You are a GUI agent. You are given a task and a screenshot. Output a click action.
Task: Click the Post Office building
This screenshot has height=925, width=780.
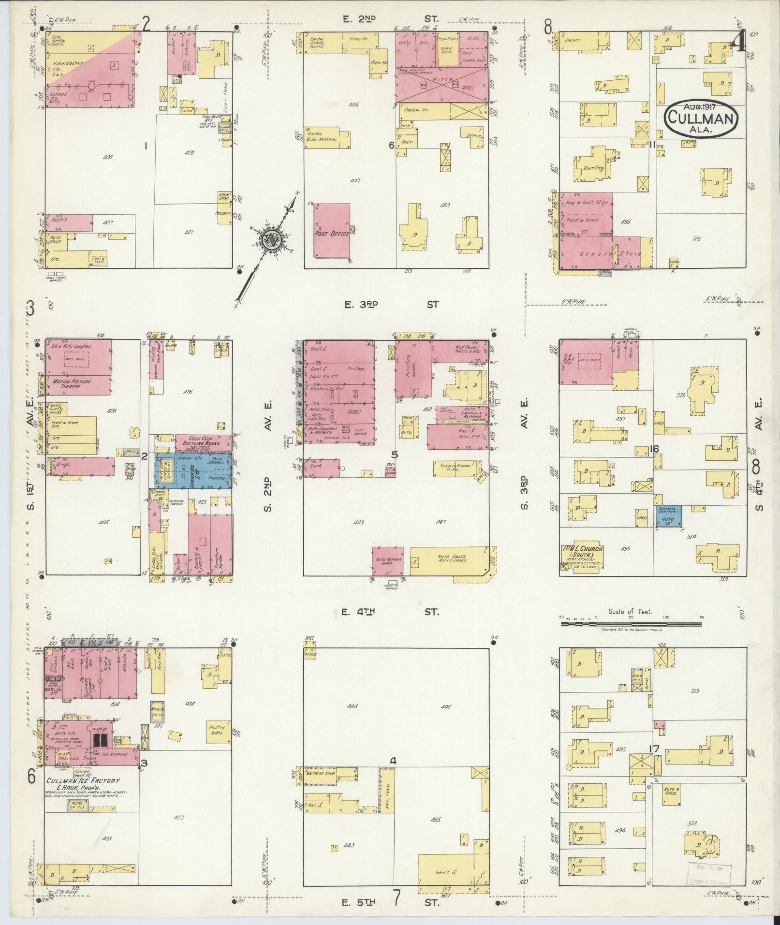coord(332,231)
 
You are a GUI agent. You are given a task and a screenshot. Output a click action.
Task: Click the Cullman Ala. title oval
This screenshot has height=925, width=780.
coord(701,118)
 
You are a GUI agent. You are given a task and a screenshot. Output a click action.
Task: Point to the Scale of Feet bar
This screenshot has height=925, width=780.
coord(631,624)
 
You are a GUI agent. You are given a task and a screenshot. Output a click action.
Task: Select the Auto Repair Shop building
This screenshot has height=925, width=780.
coord(388,561)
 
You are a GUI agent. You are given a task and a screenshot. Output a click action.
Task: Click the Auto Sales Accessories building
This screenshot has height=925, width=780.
coord(450,561)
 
